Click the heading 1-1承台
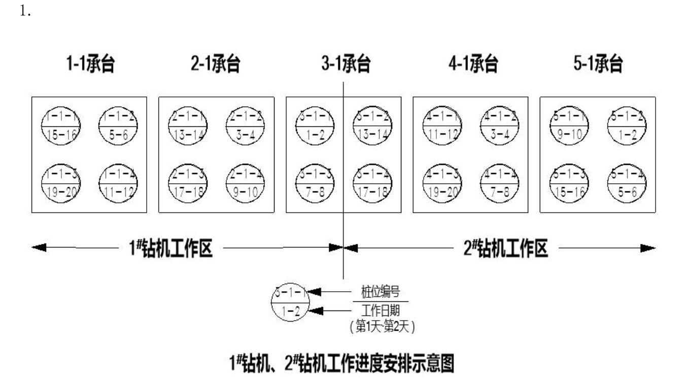click(89, 64)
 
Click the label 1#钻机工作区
click(169, 248)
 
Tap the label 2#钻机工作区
click(505, 248)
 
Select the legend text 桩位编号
click(380, 292)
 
